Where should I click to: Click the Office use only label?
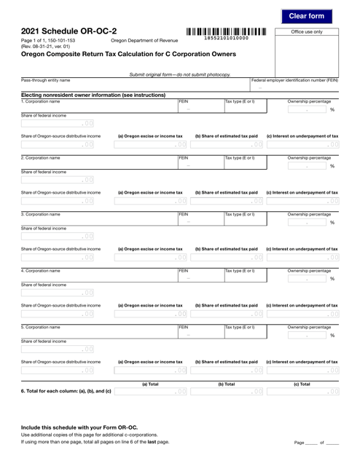click(x=306, y=32)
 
